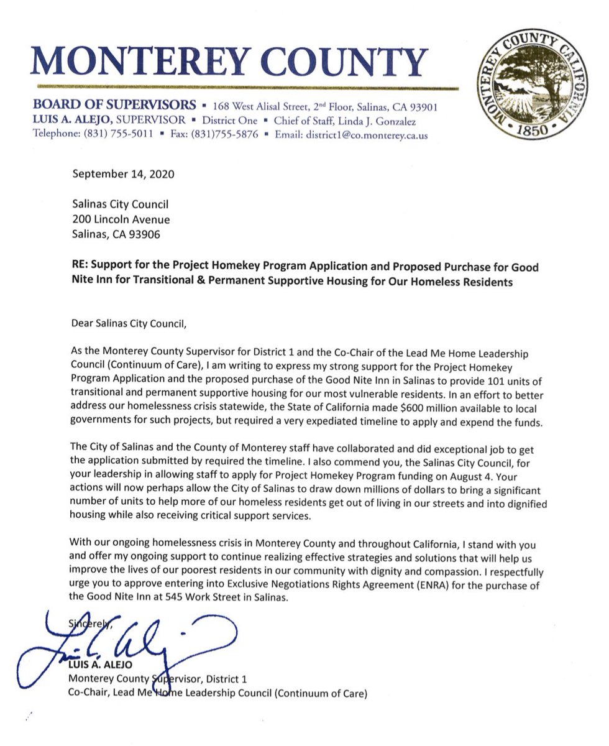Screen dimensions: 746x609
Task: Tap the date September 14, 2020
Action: pyautogui.click(x=124, y=175)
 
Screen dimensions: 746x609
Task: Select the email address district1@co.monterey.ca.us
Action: pyautogui.click(x=364, y=134)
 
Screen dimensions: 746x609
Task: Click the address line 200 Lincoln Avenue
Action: pyautogui.click(x=121, y=219)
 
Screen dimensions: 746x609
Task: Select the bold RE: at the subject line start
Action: pyautogui.click(x=81, y=267)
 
